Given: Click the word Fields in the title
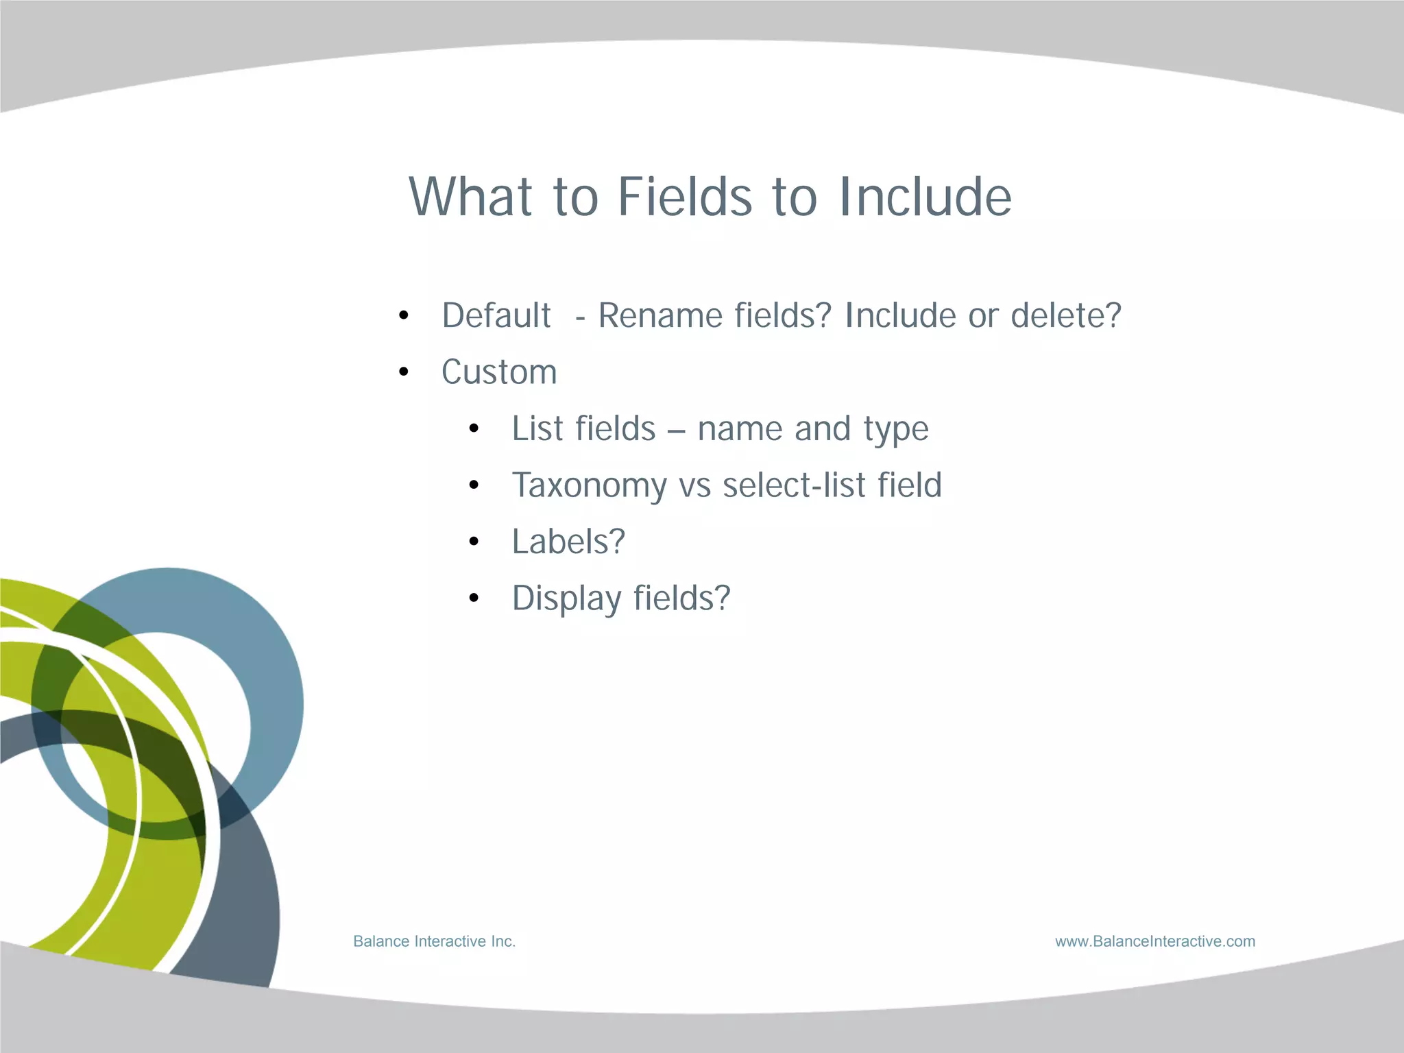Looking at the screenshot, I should tap(685, 197).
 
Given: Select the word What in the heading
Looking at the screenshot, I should tap(470, 197).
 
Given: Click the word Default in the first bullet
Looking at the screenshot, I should tap(496, 316).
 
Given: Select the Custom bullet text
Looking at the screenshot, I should tap(499, 372).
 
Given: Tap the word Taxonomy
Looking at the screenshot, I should tap(589, 486).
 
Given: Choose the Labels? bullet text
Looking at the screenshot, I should tap(568, 542).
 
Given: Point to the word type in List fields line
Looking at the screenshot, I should tap(896, 430).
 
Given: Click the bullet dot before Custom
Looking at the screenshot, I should tap(404, 372).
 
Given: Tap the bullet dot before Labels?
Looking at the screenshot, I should tap(474, 542).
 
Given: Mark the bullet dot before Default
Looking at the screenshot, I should tap(404, 316).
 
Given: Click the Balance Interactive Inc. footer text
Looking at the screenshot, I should tap(434, 941).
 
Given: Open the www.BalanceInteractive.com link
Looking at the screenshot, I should tap(1155, 941).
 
